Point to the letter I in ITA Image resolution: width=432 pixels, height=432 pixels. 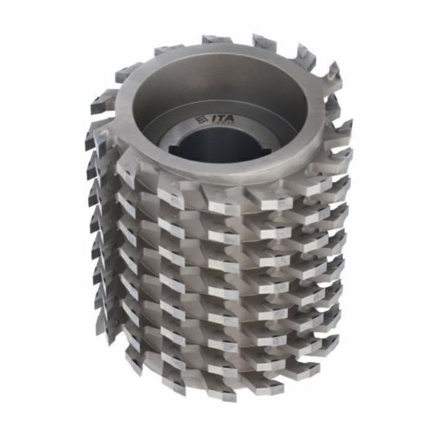click(x=213, y=118)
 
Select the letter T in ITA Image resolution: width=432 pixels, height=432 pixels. click(x=220, y=118)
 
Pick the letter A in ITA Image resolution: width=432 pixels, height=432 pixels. click(x=230, y=118)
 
